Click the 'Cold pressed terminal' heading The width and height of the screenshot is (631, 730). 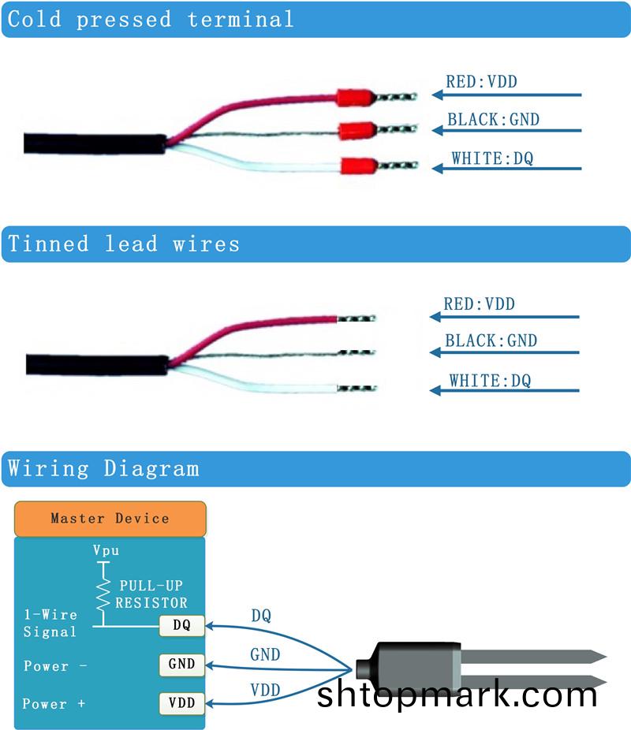151,20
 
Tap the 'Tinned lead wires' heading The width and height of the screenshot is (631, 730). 124,244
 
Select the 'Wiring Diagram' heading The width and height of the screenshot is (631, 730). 103,469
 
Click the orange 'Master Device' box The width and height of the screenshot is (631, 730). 110,519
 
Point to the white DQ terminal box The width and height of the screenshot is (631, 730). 182,626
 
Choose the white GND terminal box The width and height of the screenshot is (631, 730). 182,664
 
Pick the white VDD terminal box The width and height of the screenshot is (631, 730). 182,702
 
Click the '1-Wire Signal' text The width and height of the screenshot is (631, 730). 50,623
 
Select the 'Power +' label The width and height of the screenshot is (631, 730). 54,704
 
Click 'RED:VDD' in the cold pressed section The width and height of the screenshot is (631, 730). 481,81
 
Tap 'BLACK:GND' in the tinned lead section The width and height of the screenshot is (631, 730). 491,341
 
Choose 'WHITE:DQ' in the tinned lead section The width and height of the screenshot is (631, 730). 490,381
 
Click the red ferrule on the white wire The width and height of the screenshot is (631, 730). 357,166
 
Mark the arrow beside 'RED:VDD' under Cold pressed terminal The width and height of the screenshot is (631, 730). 506,95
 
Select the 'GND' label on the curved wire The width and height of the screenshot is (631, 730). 265,654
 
